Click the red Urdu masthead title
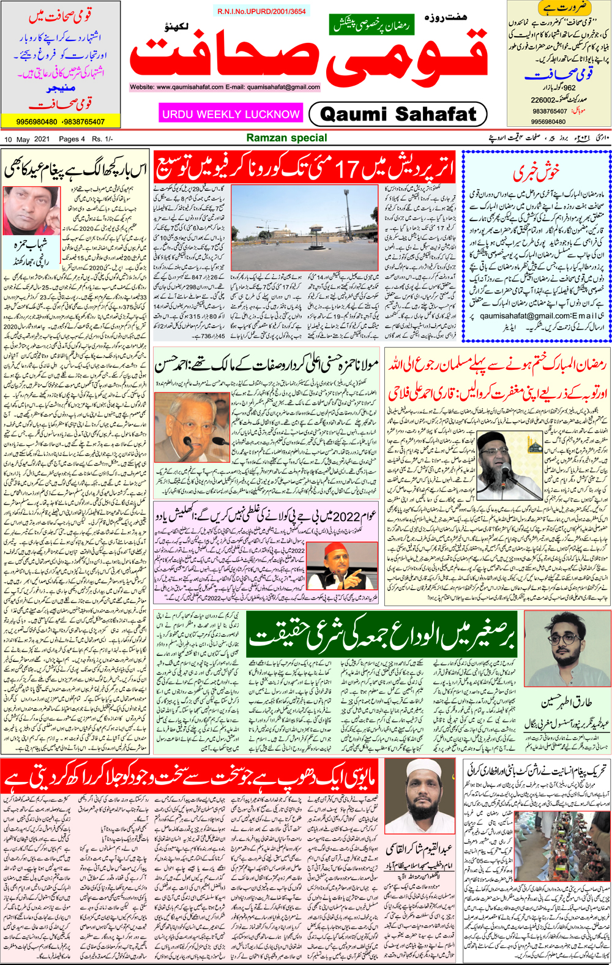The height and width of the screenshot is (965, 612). click(309, 58)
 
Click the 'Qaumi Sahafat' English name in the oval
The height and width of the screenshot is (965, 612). click(398, 114)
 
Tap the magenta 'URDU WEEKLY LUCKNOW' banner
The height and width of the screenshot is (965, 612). click(231, 114)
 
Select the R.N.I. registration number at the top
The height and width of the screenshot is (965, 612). click(261, 12)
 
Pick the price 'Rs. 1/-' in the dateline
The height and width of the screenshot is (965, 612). click(102, 139)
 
